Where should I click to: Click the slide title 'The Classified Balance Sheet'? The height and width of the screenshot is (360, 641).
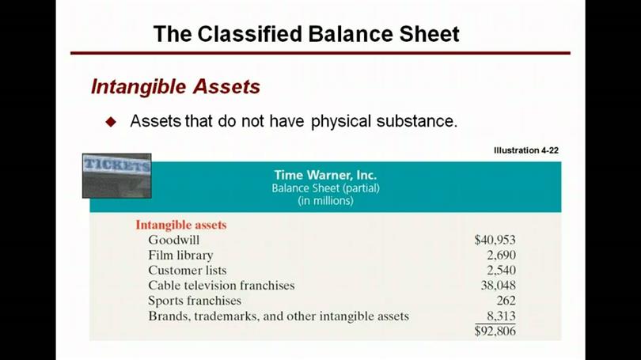306,34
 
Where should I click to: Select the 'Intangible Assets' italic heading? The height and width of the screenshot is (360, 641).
176,86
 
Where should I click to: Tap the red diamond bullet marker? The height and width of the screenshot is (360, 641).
111,122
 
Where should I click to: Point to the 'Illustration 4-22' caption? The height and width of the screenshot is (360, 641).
526,150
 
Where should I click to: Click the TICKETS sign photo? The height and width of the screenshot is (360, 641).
117,176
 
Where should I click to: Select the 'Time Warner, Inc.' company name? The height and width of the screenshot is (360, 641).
325,175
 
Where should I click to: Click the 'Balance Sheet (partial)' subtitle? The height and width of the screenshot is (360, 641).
325,188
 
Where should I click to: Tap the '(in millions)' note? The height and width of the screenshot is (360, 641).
325,201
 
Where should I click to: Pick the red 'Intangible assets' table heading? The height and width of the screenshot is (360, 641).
181,225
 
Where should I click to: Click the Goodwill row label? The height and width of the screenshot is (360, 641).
174,240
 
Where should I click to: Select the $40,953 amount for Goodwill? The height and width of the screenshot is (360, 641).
495,240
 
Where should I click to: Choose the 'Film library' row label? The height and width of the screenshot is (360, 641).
180,256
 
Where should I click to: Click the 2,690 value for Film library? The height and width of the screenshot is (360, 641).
501,256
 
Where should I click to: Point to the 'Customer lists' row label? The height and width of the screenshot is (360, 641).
188,270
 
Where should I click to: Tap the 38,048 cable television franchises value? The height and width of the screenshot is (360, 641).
499,285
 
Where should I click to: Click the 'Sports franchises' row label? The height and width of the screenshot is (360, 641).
195,301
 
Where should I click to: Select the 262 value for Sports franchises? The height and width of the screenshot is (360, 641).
506,301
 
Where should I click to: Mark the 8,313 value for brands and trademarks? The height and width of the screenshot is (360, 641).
501,316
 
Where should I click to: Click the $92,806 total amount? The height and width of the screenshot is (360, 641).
495,331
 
